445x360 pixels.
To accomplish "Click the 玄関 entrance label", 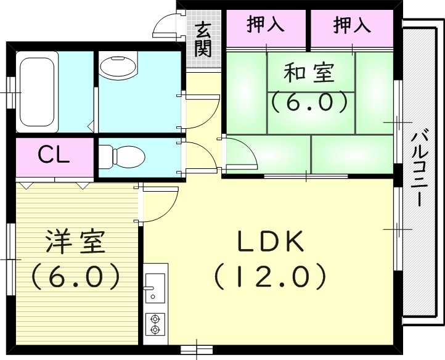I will pyautogui.click(x=203, y=38).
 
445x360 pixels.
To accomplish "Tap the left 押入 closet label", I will pyautogui.click(x=266, y=25).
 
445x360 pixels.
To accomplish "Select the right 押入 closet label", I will pyautogui.click(x=351, y=25).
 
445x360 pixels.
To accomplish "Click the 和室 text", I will pyautogui.click(x=309, y=73).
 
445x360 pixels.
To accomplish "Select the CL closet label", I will pyautogui.click(x=54, y=155).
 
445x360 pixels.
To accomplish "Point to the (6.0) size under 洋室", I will pyautogui.click(x=74, y=277).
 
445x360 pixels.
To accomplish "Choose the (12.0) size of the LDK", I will pyautogui.click(x=270, y=277).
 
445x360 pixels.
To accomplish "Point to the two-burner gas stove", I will pyautogui.click(x=155, y=323).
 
